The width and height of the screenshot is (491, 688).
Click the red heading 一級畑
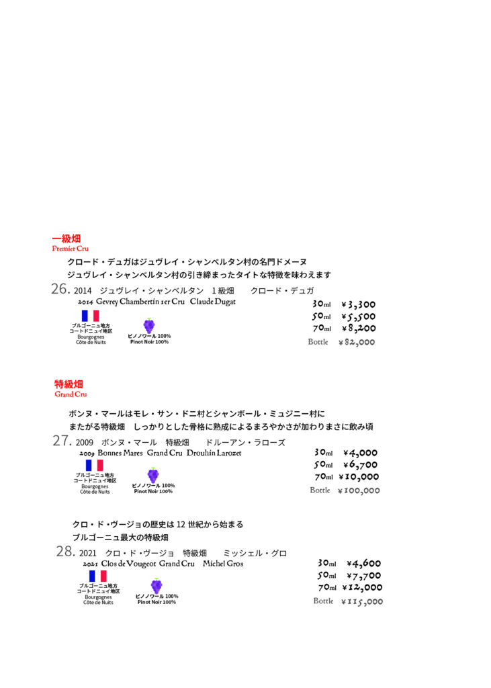(66, 239)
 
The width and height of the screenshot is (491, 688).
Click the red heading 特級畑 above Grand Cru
(69, 384)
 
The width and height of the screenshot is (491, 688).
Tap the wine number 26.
(61, 290)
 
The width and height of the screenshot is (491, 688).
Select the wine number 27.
(62, 441)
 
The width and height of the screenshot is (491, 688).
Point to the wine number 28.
(65, 552)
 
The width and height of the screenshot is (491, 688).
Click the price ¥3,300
(358, 304)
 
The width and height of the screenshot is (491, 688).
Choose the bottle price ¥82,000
(356, 343)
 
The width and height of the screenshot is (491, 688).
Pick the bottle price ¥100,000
(359, 490)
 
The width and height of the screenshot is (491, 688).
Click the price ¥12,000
(365, 588)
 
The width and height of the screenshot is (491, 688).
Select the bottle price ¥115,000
(362, 601)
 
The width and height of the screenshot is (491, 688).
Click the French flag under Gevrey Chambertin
(90, 316)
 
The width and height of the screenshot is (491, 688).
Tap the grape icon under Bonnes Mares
(153, 475)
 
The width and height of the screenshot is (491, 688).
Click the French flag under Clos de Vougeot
(97, 576)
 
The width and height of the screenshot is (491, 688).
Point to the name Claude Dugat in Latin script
(213, 302)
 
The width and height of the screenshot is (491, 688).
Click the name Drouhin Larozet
(214, 453)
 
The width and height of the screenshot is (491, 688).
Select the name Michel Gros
(223, 564)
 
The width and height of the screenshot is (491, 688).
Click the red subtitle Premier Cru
(71, 249)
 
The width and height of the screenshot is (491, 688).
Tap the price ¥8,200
(358, 329)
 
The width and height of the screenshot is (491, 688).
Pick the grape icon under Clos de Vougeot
(157, 586)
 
